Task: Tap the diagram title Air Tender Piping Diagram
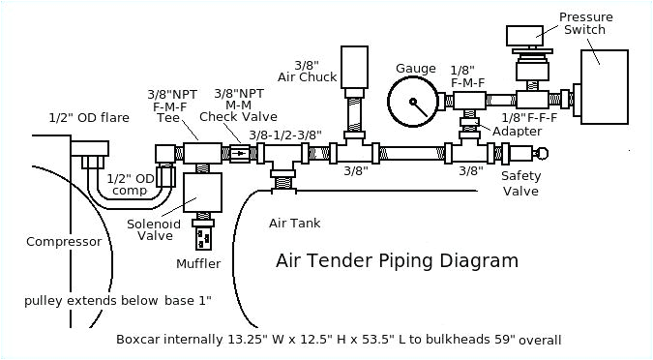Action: pos(397,260)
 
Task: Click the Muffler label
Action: pos(198,263)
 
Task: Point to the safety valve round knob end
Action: pos(543,152)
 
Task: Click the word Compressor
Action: pos(64,242)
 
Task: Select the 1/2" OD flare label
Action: pos(88,117)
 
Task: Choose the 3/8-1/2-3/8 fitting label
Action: pos(284,135)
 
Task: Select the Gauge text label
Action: pos(415,68)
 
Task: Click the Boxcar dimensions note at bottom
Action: pos(339,340)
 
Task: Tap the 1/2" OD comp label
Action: pos(131,184)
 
